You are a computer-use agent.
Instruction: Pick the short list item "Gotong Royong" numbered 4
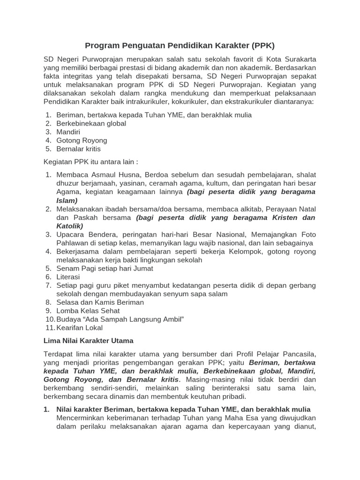[82, 140]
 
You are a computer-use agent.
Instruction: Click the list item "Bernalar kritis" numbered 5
[78, 149]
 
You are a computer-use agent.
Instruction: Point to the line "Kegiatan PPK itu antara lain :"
[91, 162]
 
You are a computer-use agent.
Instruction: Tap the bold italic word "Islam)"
[67, 200]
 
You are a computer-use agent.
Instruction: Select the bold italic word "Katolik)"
[70, 225]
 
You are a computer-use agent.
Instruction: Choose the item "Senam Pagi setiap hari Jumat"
[105, 268]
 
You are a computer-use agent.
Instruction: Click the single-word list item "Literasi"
[68, 277]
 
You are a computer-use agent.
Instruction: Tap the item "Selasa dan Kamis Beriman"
[100, 302]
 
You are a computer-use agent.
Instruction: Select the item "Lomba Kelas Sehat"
[87, 311]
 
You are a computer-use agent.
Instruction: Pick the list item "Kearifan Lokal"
[80, 328]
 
